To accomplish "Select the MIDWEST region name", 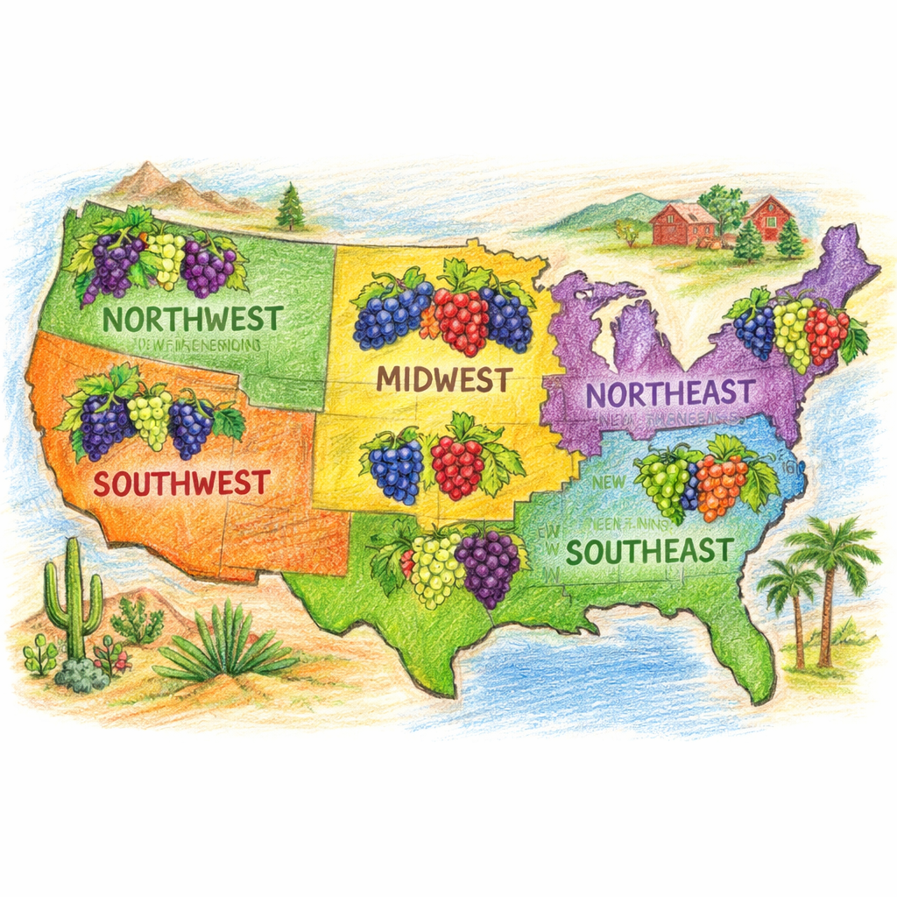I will click(x=443, y=379).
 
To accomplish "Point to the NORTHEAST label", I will click(x=670, y=392).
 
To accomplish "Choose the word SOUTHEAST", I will click(x=648, y=551).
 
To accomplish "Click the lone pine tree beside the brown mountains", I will click(x=290, y=208).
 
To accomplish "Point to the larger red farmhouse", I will click(x=684, y=223).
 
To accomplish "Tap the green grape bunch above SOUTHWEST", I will click(x=150, y=418).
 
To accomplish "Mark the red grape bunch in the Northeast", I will click(x=826, y=335).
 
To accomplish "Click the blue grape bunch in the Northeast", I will click(x=754, y=331).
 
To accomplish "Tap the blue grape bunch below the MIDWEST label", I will click(x=398, y=466).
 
